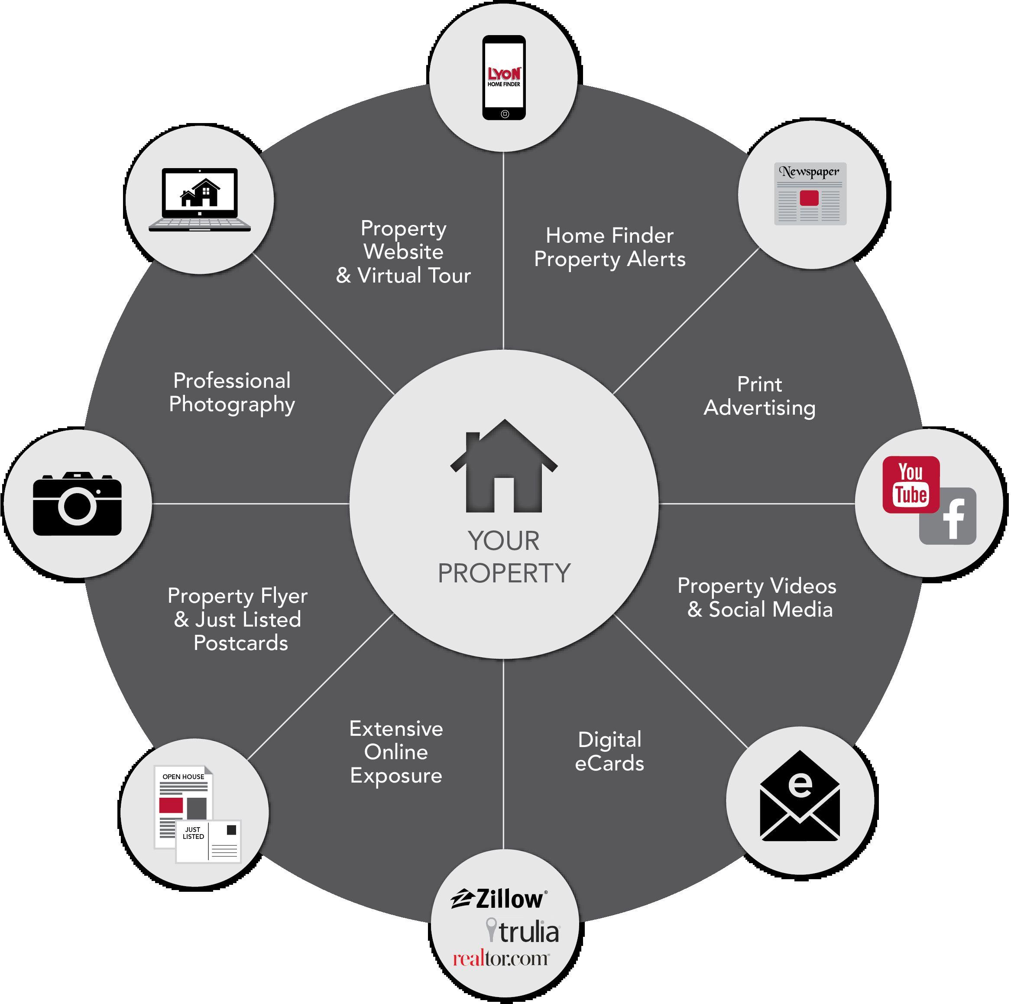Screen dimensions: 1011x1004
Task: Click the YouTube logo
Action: [911, 484]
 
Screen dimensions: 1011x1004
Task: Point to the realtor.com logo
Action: [501, 959]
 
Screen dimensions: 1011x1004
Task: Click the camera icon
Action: [78, 504]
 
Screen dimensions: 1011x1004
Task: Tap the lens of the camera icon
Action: [78, 506]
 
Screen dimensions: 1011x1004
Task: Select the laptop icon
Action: [200, 199]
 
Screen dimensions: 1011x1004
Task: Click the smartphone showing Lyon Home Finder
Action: [504, 78]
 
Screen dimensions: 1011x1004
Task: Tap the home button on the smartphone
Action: [505, 114]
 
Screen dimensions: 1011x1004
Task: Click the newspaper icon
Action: [810, 194]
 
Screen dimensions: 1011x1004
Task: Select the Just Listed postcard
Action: [208, 841]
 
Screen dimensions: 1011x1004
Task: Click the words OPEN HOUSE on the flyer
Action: [183, 777]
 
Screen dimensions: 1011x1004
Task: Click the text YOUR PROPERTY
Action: [504, 557]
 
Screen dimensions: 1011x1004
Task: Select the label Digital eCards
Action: [609, 752]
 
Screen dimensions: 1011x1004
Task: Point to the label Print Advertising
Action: [759, 396]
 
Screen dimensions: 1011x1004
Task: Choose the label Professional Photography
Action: [232, 393]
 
